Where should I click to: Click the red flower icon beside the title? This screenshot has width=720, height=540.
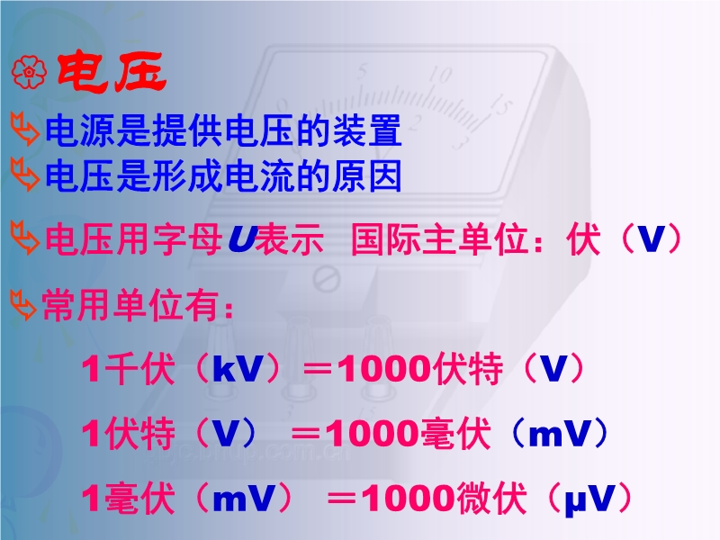click(29, 72)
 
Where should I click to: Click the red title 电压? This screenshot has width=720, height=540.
click(111, 72)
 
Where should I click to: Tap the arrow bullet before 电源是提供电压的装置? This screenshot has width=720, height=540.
click(25, 130)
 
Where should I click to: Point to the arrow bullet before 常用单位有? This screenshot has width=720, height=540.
click(23, 305)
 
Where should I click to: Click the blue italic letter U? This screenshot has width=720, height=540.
click(242, 238)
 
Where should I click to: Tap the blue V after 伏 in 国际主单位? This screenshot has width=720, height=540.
click(652, 238)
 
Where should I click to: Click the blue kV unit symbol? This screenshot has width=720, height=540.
click(238, 368)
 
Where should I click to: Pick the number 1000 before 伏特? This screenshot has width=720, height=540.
click(384, 369)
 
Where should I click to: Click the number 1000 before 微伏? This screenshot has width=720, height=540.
click(408, 499)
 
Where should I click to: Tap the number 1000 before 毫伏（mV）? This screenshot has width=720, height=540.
click(372, 434)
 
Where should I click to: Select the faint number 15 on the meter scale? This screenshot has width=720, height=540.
click(500, 105)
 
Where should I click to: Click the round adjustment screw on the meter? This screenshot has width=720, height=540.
click(327, 278)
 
